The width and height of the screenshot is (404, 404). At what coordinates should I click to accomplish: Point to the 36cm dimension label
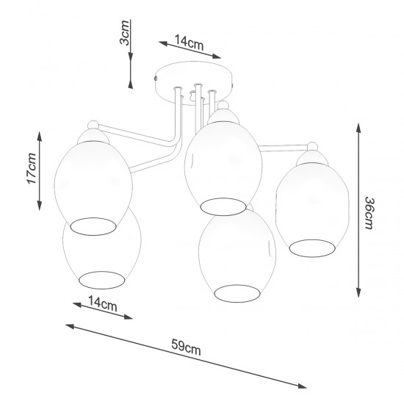[368, 214]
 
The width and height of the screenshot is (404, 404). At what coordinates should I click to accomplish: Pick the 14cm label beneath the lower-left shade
[102, 302]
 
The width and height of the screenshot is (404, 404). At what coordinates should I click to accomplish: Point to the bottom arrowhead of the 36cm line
[358, 295]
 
